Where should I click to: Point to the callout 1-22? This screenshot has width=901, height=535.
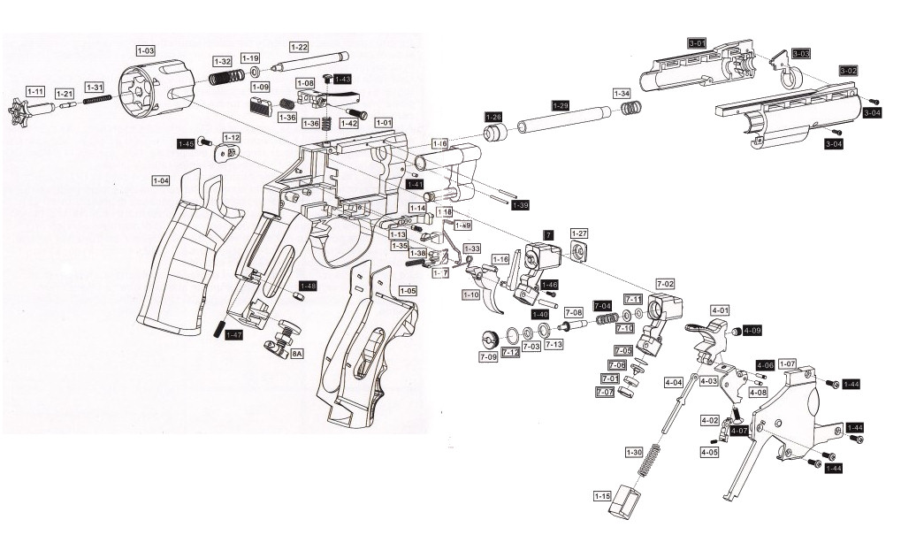[x=299, y=46]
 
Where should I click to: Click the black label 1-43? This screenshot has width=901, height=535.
[x=341, y=79]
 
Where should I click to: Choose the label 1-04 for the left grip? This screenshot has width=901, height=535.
[x=160, y=180]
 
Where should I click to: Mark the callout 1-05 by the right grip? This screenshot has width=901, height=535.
[x=408, y=290]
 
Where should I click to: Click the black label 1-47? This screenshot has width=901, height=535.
[x=233, y=335]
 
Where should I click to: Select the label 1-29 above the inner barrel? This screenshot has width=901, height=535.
[x=561, y=104]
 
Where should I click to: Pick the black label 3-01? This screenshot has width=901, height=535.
[x=697, y=42]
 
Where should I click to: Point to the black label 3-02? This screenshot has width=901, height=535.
[x=847, y=70]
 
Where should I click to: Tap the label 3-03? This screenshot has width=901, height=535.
[x=801, y=54]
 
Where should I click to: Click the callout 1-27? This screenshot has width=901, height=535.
[x=579, y=233]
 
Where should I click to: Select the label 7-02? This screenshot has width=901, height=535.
[x=665, y=282]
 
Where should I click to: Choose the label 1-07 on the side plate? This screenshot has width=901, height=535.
[x=787, y=363]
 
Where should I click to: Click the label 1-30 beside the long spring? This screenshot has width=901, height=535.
[x=634, y=452]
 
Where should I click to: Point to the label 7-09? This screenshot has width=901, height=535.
[x=487, y=356]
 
